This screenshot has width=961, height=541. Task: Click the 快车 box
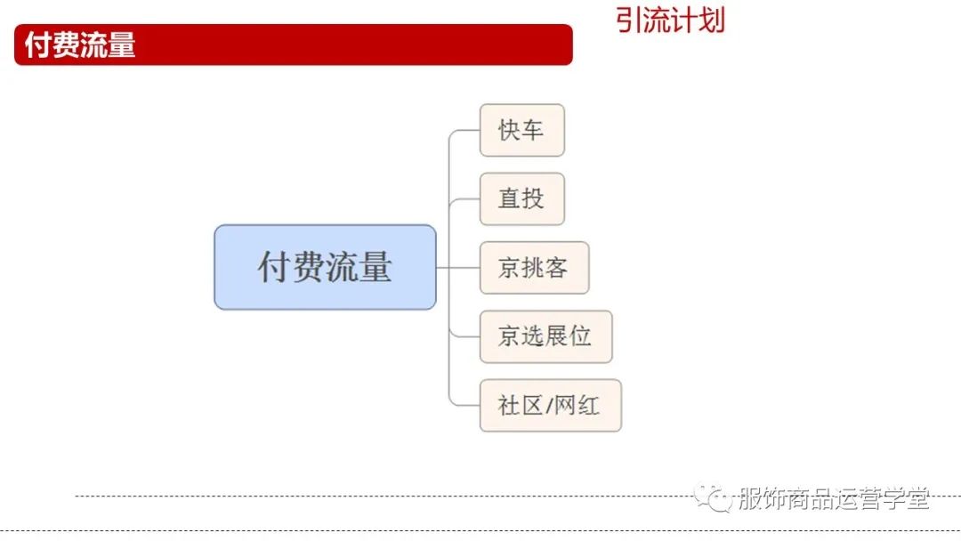521,130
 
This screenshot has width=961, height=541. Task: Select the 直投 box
521,199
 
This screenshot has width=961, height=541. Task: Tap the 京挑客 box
534,268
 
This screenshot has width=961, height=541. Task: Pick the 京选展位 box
545,336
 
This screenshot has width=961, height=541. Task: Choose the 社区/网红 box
551,406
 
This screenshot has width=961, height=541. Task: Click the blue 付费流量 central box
325,267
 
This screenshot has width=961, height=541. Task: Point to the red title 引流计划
670,20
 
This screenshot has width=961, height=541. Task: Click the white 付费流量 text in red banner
80,44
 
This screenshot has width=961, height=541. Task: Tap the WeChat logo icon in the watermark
713,497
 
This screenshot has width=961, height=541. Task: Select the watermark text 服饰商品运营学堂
834,498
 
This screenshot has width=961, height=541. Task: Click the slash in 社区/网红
549,406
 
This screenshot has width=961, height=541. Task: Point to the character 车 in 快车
532,130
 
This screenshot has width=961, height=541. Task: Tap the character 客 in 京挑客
556,268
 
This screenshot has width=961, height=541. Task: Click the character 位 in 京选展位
580,336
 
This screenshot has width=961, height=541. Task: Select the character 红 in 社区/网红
588,406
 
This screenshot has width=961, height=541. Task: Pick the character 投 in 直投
533,198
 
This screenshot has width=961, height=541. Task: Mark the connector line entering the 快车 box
464,131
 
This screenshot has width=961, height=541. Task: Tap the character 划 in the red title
712,20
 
